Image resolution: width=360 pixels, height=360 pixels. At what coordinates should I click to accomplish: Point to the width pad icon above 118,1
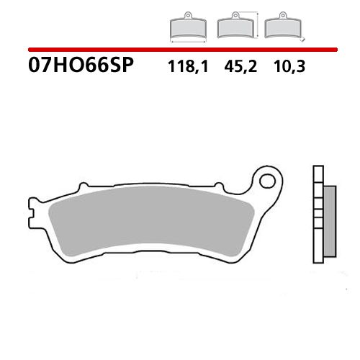tap(188, 28)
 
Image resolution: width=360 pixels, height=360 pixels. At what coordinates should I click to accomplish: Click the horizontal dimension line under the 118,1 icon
tap(188, 40)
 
